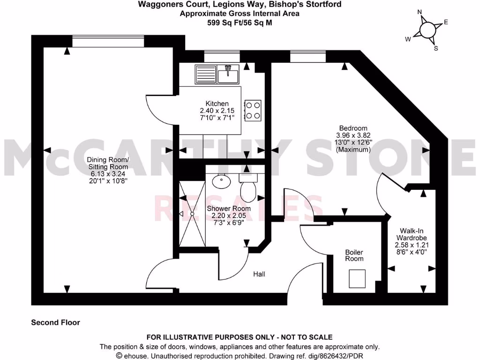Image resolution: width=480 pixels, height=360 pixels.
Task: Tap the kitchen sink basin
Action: [229, 73]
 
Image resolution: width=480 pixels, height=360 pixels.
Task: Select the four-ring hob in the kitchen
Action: [253, 110]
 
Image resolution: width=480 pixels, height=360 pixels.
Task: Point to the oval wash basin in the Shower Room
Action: [219, 180]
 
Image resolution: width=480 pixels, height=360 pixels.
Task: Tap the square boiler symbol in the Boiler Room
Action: [357, 279]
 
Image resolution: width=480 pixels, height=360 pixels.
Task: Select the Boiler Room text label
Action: [354, 255]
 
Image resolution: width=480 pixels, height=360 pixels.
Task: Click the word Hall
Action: [259, 274]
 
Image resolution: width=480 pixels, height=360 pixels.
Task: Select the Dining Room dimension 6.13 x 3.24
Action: [108, 174]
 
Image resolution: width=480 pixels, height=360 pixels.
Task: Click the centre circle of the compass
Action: [428, 30]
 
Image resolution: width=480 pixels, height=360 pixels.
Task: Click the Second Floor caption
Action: [55, 322]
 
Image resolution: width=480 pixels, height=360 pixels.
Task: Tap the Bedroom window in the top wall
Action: [307, 57]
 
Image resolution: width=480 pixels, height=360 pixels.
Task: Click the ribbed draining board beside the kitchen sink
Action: [205, 73]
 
